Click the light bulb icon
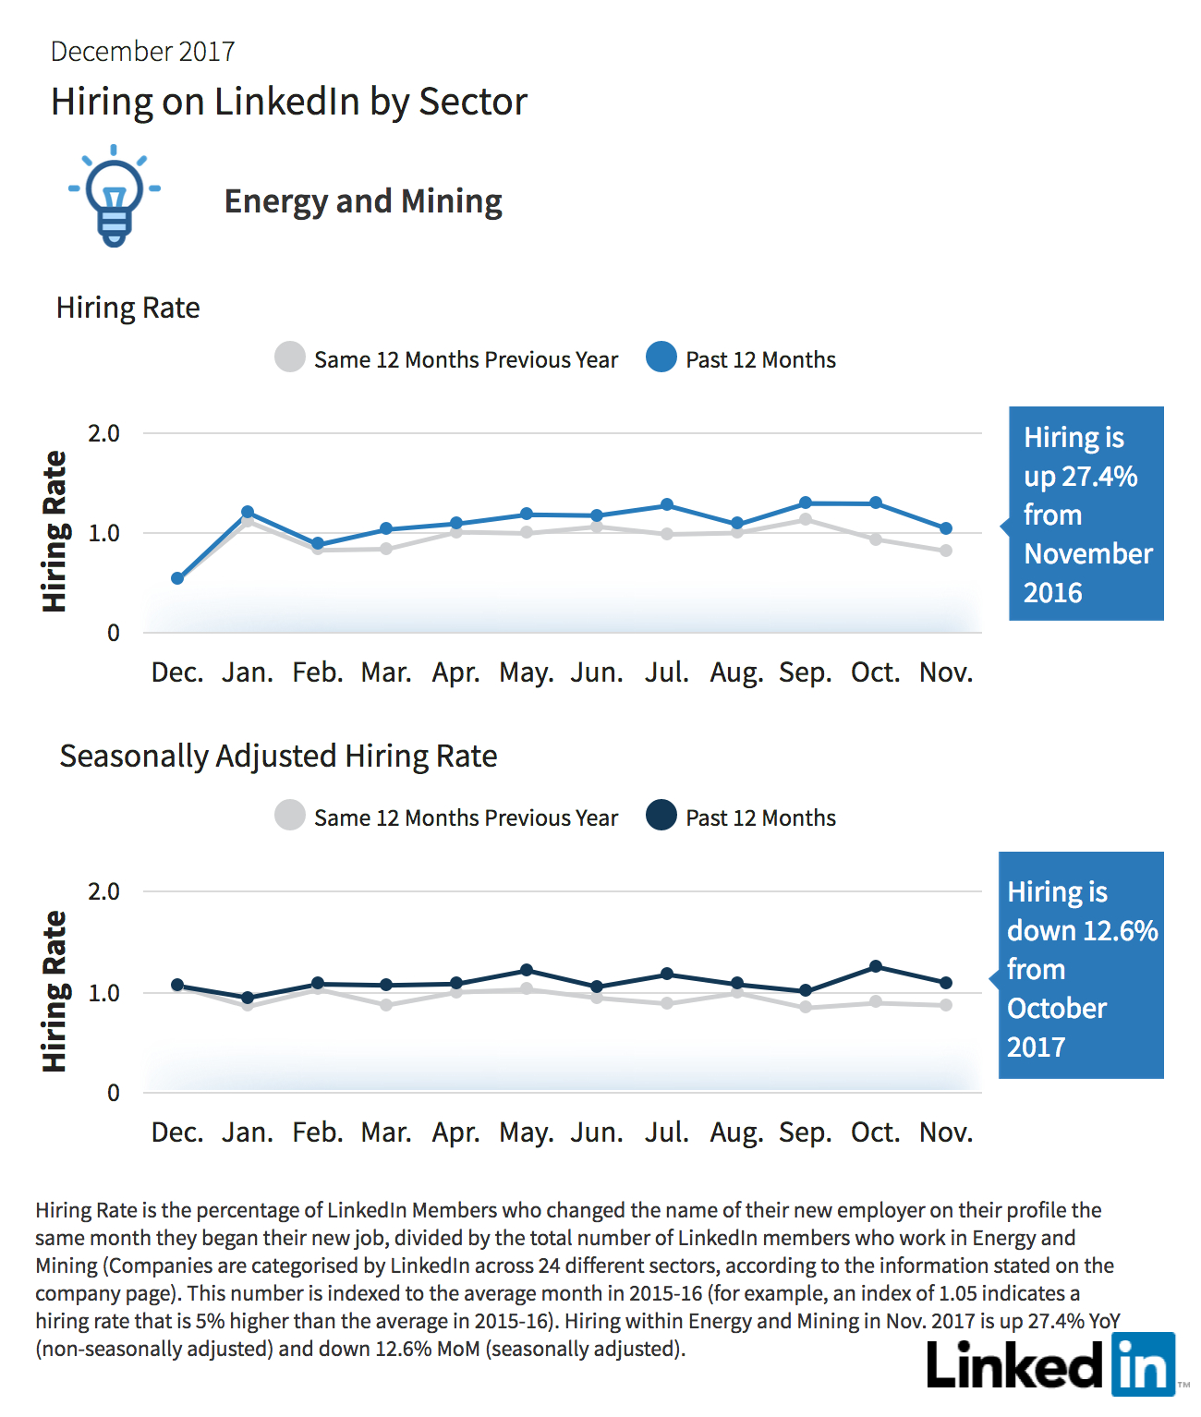115,196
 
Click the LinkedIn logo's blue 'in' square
1143,1364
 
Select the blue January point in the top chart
248,512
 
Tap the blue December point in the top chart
176,578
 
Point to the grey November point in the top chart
946,551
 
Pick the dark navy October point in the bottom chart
876,966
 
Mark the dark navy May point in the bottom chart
527,970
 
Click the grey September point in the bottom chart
806,1007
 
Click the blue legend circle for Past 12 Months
661,357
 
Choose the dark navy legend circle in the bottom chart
661,815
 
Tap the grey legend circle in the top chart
290,357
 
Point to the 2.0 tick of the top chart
103,433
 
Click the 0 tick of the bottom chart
113,1093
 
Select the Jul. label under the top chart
666,672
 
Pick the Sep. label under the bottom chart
806,1133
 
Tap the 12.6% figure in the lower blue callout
1121,931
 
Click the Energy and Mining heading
363,201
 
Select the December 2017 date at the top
142,52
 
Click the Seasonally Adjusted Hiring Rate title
278,757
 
